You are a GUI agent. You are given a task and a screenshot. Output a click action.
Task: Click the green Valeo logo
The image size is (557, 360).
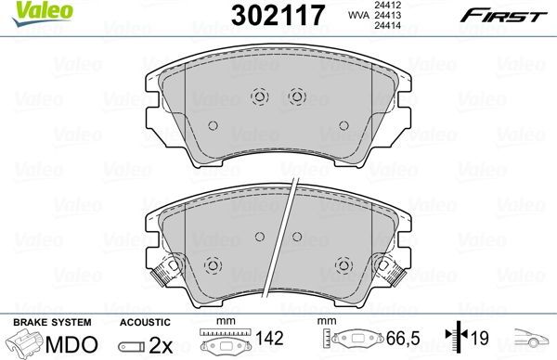click(x=43, y=13)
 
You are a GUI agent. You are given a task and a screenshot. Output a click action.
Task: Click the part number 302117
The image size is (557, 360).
click(x=278, y=16)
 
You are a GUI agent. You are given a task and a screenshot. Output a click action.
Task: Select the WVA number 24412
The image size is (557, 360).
click(x=382, y=5)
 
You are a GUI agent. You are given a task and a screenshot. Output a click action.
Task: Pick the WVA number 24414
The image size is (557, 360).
click(x=382, y=25)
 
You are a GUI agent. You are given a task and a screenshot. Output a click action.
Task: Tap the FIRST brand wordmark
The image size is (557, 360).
click(x=504, y=16)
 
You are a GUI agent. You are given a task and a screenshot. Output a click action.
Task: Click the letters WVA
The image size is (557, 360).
click(x=357, y=15)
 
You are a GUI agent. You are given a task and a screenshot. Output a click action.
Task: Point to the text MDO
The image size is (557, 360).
click(x=71, y=343)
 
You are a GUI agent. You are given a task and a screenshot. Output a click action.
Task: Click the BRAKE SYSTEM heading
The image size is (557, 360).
click(x=52, y=322)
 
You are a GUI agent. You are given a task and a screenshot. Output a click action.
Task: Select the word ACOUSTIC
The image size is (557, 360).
click(x=145, y=322)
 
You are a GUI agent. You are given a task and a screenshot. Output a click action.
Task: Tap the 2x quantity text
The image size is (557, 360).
click(x=161, y=344)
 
